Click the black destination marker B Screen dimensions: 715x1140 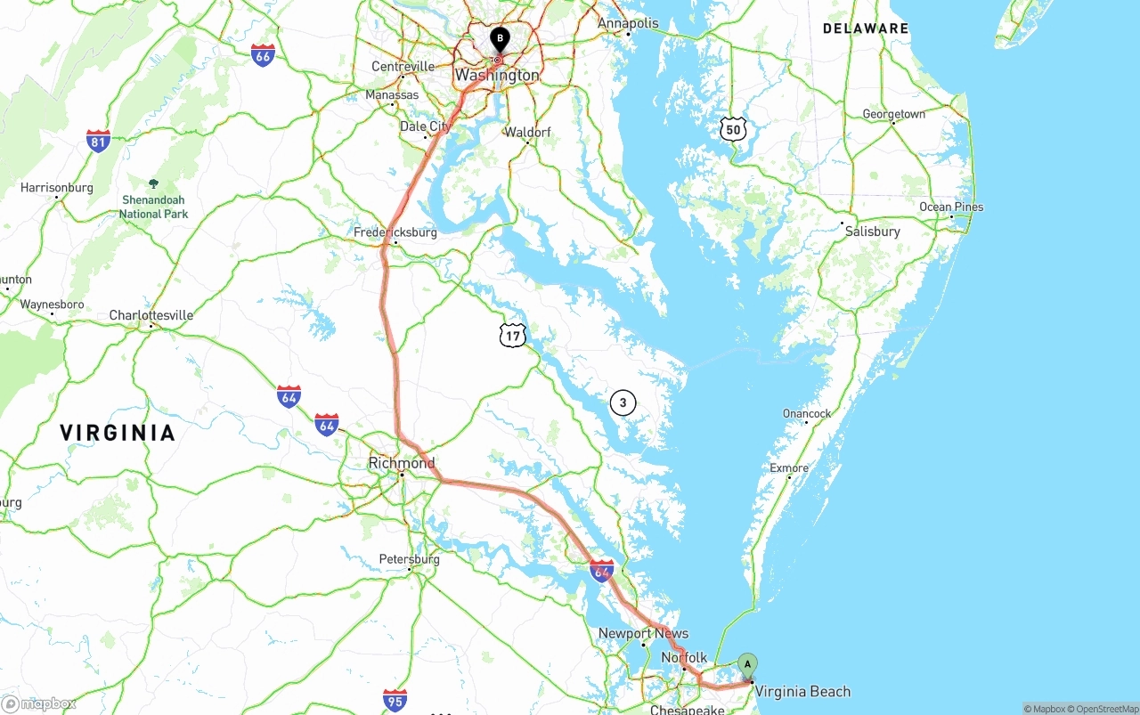point(500,39)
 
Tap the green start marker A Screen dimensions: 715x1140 point(748,664)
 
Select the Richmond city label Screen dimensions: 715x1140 point(402,463)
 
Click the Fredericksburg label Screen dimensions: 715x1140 point(395,232)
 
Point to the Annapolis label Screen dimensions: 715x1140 point(628,23)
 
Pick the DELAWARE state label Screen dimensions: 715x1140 point(866,28)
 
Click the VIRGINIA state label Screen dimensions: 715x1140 point(118,433)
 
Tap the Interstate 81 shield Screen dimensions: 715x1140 point(98,141)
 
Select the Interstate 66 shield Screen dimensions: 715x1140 point(262,55)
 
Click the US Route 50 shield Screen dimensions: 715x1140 point(733,128)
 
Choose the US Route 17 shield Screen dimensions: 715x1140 point(512,335)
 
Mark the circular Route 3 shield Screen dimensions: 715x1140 point(623,403)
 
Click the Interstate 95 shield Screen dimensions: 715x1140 point(395,700)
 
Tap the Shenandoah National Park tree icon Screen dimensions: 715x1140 point(153,183)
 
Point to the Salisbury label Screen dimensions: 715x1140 point(873,232)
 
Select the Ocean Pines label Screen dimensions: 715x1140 point(951,207)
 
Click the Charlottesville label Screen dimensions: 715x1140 point(151,315)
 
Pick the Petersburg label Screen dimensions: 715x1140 point(410,559)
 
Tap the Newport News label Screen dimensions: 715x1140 point(643,633)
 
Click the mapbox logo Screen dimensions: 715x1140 point(39,703)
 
